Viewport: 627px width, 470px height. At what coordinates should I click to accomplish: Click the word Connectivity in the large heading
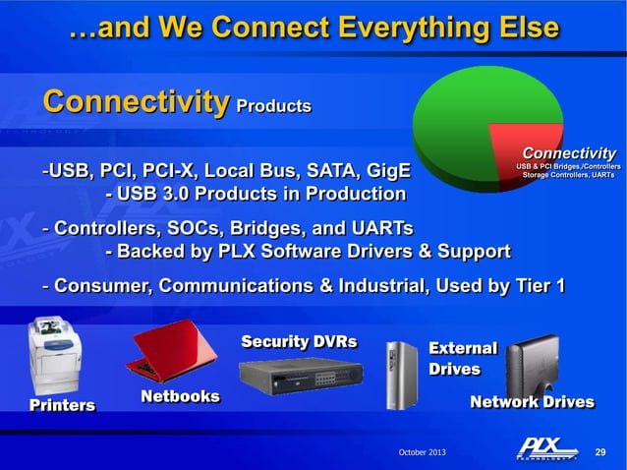135,102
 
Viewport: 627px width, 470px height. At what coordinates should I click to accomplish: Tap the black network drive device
532,363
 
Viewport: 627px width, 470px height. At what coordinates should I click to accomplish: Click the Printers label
62,405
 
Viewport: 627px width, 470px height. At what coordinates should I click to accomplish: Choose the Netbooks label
180,396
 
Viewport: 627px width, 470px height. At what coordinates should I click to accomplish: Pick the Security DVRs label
299,342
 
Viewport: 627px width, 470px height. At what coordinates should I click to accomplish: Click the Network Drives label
532,402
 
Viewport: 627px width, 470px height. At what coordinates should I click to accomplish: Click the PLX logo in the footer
547,449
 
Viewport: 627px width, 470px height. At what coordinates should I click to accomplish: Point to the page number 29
602,451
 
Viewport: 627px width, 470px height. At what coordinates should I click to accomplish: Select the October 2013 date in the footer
422,451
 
